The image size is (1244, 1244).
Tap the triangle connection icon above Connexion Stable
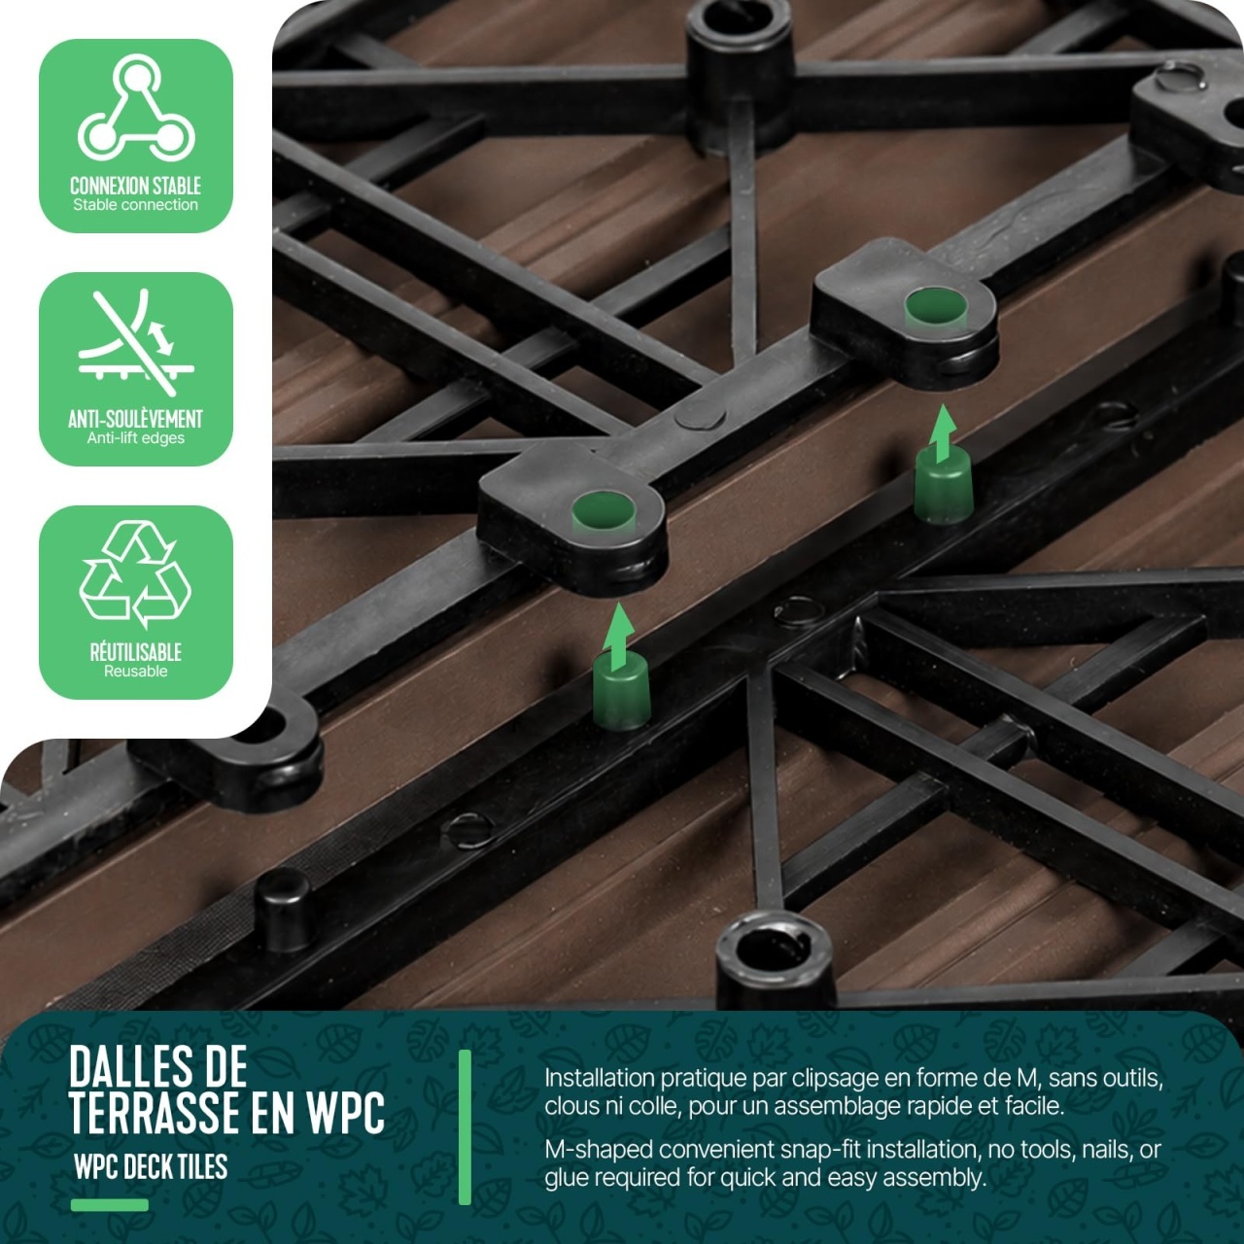tap(135, 110)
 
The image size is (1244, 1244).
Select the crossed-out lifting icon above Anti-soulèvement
tap(135, 342)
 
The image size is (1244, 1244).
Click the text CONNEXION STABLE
tap(135, 186)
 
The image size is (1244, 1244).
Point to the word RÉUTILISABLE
tap(135, 652)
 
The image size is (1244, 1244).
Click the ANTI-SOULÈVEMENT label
tap(135, 419)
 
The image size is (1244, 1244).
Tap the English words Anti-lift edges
tap(135, 438)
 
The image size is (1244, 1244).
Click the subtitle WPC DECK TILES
tap(151, 1166)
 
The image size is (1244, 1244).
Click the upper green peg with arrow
tap(943, 463)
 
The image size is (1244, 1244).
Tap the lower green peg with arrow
tap(621, 667)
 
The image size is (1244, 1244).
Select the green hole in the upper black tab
tap(936, 308)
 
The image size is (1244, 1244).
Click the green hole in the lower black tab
tap(604, 511)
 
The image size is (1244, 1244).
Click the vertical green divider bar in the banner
tap(465, 1127)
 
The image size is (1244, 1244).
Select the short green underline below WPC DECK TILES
tap(109, 1204)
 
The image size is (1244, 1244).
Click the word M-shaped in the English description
tap(599, 1151)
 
